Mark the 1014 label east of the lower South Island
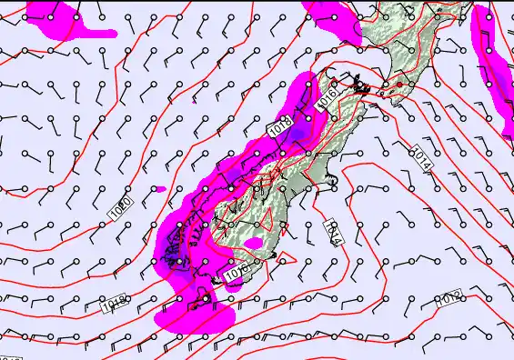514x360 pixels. pyautogui.click(x=332, y=234)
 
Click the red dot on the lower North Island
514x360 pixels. pyautogui.click(x=398, y=85)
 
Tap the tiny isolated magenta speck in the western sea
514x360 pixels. pyautogui.click(x=160, y=189)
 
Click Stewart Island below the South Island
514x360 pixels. pyautogui.click(x=206, y=298)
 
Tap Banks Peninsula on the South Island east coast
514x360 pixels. pyautogui.click(x=335, y=181)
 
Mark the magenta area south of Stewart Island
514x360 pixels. pyautogui.click(x=196, y=316)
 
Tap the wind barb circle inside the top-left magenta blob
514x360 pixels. pyautogui.click(x=52, y=16)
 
